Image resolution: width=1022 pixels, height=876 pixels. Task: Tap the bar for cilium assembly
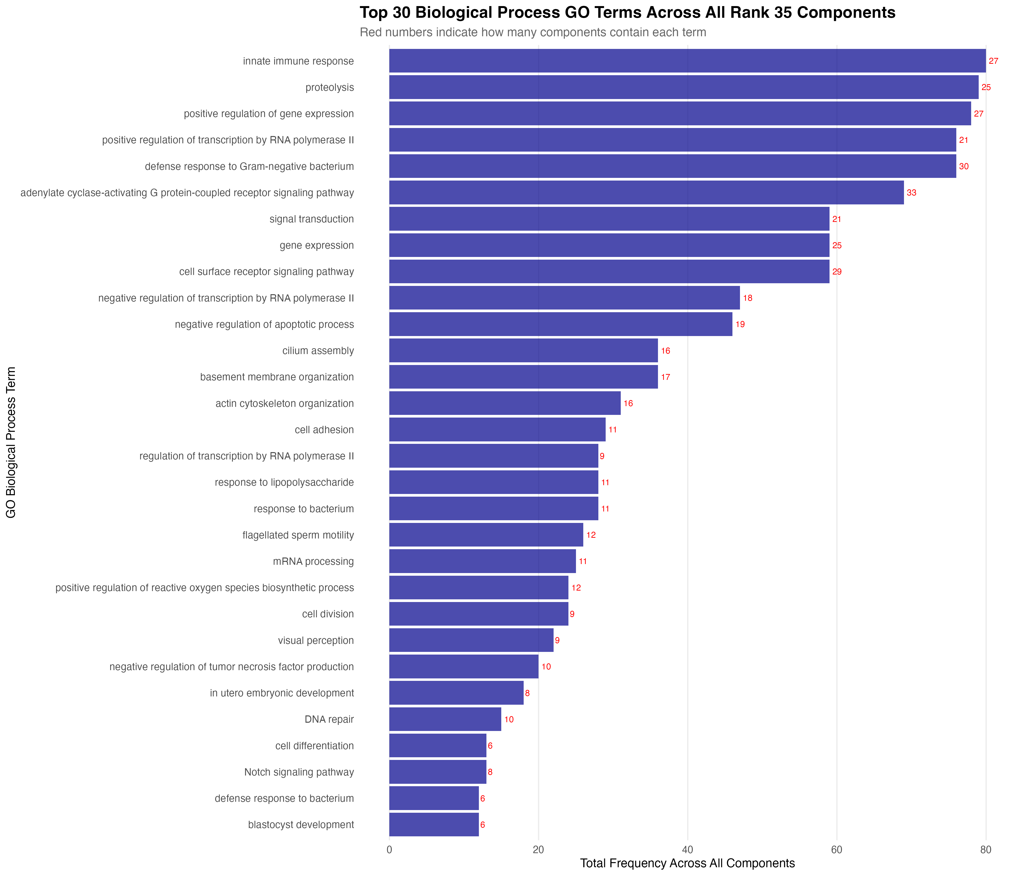coord(523,351)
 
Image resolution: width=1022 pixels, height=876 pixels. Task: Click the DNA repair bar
coord(445,719)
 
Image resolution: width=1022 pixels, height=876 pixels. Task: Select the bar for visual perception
coord(471,640)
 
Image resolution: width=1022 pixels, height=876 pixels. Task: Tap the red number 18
coord(747,298)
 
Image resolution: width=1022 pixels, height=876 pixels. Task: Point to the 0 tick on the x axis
coord(389,849)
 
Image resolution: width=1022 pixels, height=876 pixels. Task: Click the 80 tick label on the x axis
coord(985,849)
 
